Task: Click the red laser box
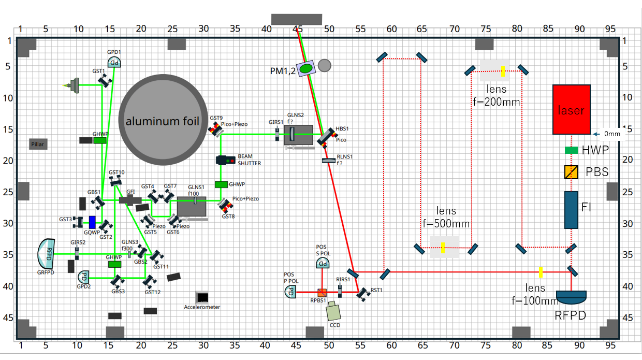point(572,109)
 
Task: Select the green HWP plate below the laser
point(571,150)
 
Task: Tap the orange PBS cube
point(571,172)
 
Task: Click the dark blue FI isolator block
point(571,210)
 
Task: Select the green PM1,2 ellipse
point(307,67)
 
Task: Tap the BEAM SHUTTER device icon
point(225,161)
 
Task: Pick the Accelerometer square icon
point(202,297)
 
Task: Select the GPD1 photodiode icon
point(114,63)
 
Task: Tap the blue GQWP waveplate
point(92,222)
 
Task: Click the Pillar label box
point(38,145)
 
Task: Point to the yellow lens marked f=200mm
point(503,71)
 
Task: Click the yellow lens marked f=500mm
point(443,248)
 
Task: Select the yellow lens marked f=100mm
point(540,271)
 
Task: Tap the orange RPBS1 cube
point(322,292)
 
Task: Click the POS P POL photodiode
point(291,292)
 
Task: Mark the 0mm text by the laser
point(612,134)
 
